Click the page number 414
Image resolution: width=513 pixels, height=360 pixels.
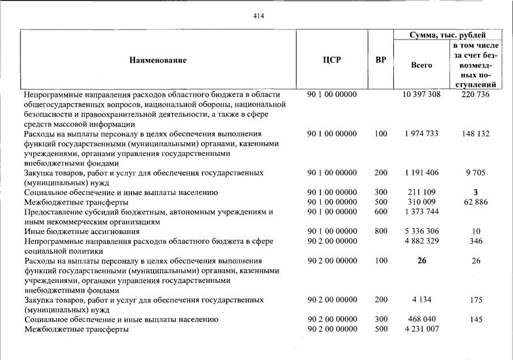[x=258, y=15]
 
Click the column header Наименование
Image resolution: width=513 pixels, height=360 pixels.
[x=158, y=60]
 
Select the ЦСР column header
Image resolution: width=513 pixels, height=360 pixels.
[x=332, y=60]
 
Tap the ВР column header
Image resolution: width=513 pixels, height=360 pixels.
[x=381, y=60]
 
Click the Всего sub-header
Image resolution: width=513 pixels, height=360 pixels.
[x=421, y=65]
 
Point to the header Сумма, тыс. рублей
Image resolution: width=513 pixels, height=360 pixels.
[x=448, y=35]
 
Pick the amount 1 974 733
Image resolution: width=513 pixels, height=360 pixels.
[x=421, y=134]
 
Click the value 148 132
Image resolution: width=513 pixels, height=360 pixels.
[x=476, y=134]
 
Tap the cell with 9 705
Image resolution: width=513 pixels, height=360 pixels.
[x=476, y=172]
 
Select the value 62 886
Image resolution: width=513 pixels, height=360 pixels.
[x=476, y=202]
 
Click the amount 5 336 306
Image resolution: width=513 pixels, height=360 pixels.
[x=421, y=232]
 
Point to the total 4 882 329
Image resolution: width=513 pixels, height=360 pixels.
[x=421, y=242]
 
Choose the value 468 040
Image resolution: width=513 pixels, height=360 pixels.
[x=421, y=320]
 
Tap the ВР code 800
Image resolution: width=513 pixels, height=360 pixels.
[x=381, y=232]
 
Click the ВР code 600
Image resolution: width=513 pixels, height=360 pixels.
[x=381, y=212]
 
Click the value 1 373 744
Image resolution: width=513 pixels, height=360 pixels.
[x=421, y=212]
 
